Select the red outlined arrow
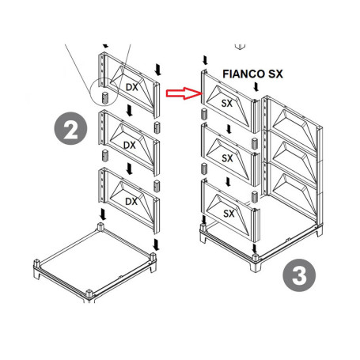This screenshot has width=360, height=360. click(181, 93)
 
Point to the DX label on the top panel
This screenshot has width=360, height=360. click(132, 88)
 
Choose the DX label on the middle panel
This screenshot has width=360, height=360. click(130, 146)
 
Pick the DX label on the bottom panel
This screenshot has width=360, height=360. click(131, 201)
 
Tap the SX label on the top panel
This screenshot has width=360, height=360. click(226, 104)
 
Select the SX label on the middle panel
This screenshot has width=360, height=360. click(227, 158)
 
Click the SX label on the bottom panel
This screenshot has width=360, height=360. click(228, 213)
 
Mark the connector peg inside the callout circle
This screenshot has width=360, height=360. click(103, 97)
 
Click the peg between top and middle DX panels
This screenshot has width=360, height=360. click(157, 127)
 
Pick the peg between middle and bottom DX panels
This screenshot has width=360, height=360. click(157, 184)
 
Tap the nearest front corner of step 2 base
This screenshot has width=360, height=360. click(88, 296)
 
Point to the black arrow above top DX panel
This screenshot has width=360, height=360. click(159, 70)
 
